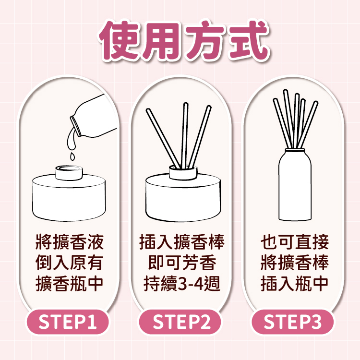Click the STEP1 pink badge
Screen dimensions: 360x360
click(x=68, y=322)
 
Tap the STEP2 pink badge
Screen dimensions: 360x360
click(x=180, y=322)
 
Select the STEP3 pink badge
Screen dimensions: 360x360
click(x=292, y=322)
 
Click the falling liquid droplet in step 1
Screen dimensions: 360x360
click(x=72, y=156)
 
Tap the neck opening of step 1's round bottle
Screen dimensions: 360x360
click(x=69, y=169)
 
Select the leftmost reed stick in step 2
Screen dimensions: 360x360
click(x=163, y=138)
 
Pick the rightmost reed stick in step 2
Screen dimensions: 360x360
click(x=200, y=137)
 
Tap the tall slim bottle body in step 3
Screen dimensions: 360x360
click(x=295, y=185)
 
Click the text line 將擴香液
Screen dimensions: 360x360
click(x=69, y=242)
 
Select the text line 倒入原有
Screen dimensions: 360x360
click(x=69, y=263)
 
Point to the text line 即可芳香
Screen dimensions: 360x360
click(x=182, y=263)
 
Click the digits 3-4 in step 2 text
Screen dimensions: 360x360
click(x=191, y=284)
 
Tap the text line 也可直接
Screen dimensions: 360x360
click(x=295, y=242)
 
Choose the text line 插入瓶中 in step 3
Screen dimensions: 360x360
click(x=295, y=284)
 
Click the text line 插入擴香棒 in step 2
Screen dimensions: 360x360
click(x=182, y=242)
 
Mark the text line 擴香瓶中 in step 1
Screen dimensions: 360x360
click(x=69, y=284)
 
